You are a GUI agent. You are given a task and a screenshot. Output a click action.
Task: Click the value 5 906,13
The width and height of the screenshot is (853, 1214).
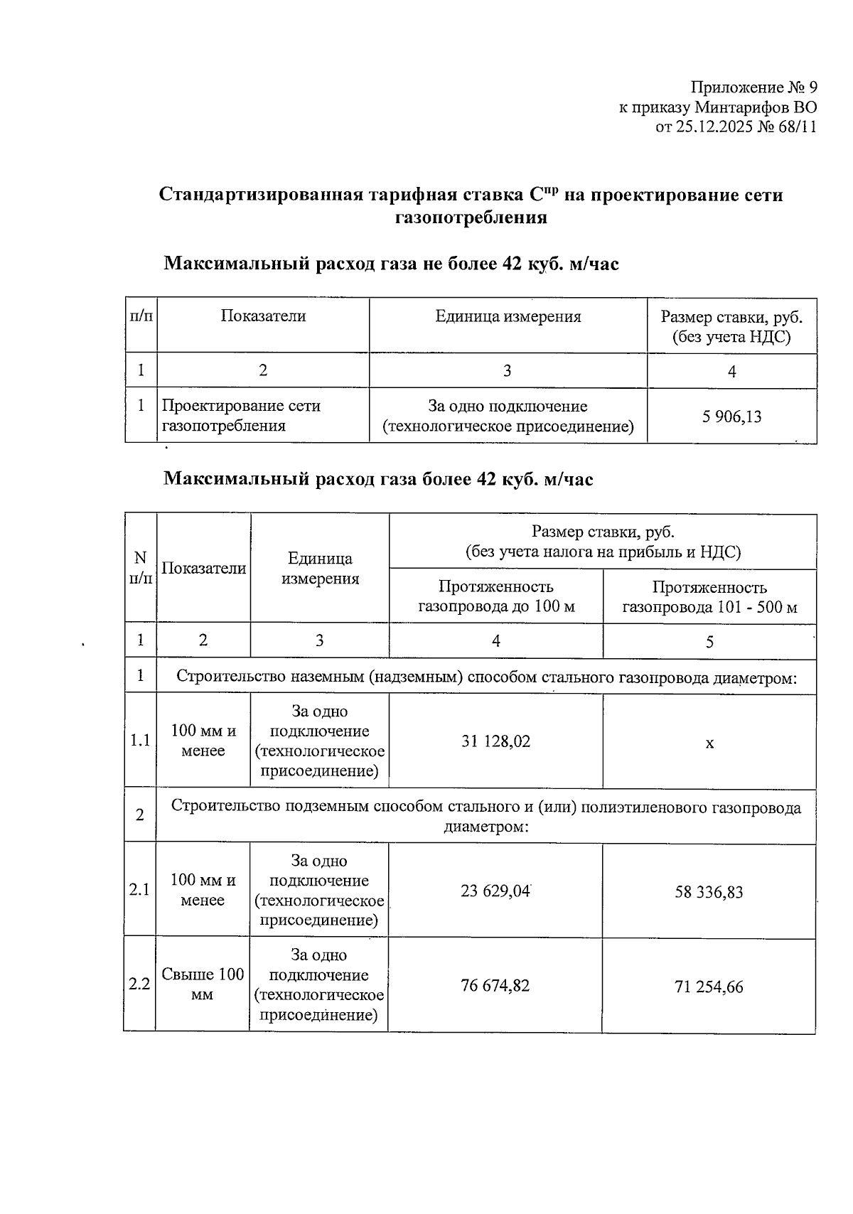(731, 417)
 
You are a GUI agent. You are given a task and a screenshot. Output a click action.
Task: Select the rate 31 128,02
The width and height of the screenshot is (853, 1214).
(495, 741)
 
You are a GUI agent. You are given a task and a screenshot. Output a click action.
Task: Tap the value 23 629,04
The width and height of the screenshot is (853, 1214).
(495, 891)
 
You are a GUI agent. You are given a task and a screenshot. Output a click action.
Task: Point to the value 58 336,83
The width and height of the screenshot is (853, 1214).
(709, 892)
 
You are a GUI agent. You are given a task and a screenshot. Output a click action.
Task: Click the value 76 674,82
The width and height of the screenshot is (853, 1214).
(495, 986)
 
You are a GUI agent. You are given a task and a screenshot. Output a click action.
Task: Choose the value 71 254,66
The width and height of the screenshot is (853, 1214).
(709, 987)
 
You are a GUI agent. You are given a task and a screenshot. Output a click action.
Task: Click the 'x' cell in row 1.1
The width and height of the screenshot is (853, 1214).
(709, 743)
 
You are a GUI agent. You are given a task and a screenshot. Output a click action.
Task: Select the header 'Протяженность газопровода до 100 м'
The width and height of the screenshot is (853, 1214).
(495, 596)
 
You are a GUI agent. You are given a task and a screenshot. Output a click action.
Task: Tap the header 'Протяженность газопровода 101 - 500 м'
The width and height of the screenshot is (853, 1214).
(709, 597)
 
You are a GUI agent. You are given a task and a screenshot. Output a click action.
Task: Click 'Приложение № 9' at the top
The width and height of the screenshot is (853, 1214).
(753, 87)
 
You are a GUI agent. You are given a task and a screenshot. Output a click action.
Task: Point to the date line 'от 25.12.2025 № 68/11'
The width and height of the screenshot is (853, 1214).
(735, 127)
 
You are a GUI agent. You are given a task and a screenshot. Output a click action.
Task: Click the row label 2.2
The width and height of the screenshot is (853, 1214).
(139, 984)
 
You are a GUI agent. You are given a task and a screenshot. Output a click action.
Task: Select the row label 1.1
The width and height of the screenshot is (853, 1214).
(140, 741)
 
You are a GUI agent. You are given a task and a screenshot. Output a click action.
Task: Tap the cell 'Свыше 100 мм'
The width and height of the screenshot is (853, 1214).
(203, 984)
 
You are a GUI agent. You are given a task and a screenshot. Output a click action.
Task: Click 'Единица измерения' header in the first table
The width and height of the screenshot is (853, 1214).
(508, 317)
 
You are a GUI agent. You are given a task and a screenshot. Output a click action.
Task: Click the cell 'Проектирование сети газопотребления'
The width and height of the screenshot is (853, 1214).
(241, 416)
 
